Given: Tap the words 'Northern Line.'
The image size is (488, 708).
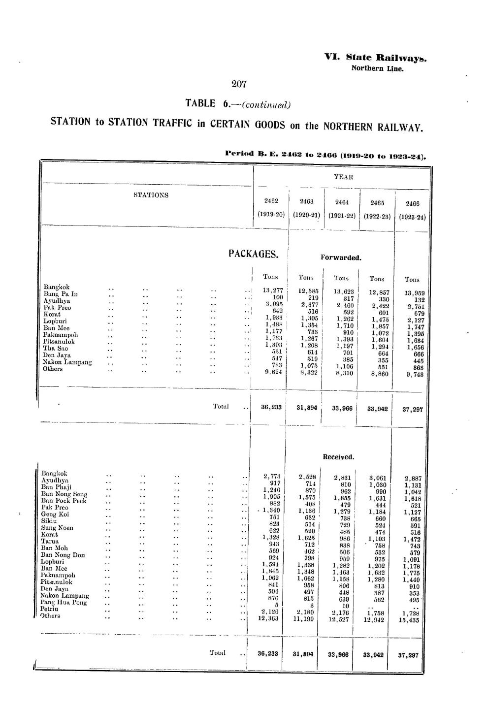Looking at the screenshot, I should tap(377, 69).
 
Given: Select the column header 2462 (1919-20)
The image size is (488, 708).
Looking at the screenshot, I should tap(271, 208).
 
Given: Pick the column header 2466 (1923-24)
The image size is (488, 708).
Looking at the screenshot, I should tap(412, 210).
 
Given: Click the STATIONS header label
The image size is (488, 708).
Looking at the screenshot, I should tap(151, 195).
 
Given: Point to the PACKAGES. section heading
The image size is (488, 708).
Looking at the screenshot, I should tap(254, 254).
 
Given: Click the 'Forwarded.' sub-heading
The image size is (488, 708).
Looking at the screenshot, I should tap(341, 257).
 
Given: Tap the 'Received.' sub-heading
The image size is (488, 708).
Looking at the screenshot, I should tap(338, 457).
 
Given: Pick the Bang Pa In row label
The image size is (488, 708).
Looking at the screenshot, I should tap(61, 294).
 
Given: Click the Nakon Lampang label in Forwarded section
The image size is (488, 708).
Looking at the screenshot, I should tap(67, 362).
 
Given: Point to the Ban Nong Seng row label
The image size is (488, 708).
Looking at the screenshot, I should tap(65, 494).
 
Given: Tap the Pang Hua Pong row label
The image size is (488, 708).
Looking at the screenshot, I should tap(64, 602).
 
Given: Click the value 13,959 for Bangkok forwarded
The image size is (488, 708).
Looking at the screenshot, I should tap(414, 292).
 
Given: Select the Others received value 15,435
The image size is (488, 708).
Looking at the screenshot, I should tap(411, 620).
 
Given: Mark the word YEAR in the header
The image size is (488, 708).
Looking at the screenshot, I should tap(341, 176).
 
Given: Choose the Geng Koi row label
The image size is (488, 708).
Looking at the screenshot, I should tap(55, 514).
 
